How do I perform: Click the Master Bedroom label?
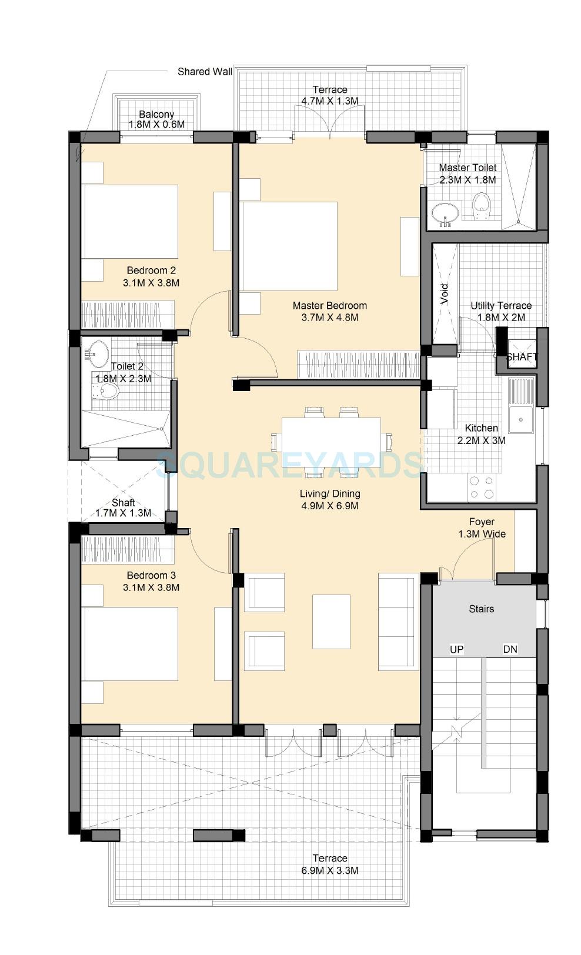point(329,312)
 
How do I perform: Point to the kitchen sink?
point(521,419)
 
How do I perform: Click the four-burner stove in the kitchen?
point(482,488)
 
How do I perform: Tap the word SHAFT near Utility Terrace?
point(522,357)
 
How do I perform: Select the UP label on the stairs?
point(456,649)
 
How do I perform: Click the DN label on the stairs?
point(510,649)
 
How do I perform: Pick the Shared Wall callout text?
point(205,72)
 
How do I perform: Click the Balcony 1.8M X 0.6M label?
point(156,119)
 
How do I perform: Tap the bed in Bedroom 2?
point(130,222)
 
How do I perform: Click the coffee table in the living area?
point(331,621)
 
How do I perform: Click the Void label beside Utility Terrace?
point(445,294)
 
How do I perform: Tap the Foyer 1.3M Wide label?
point(482,528)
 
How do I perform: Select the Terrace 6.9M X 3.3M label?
point(329,864)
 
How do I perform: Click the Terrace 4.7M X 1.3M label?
point(329,95)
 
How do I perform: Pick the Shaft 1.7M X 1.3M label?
point(123,508)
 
